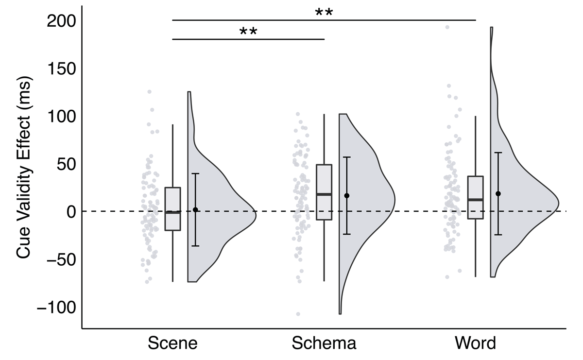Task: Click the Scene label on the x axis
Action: click(173, 343)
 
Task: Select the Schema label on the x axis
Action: click(324, 343)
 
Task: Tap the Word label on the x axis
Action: click(475, 343)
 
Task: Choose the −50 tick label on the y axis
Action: click(58, 259)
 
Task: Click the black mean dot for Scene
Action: click(195, 210)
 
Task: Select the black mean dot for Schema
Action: click(347, 196)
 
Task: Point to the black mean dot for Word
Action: click(498, 193)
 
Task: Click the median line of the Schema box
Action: click(324, 194)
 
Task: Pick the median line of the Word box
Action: click(475, 200)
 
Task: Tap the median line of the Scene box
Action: click(173, 212)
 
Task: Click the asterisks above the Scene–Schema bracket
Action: click(248, 32)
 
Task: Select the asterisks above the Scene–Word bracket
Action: click(324, 12)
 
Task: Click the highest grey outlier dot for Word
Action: click(447, 27)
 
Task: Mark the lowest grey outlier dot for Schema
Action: click(298, 314)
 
